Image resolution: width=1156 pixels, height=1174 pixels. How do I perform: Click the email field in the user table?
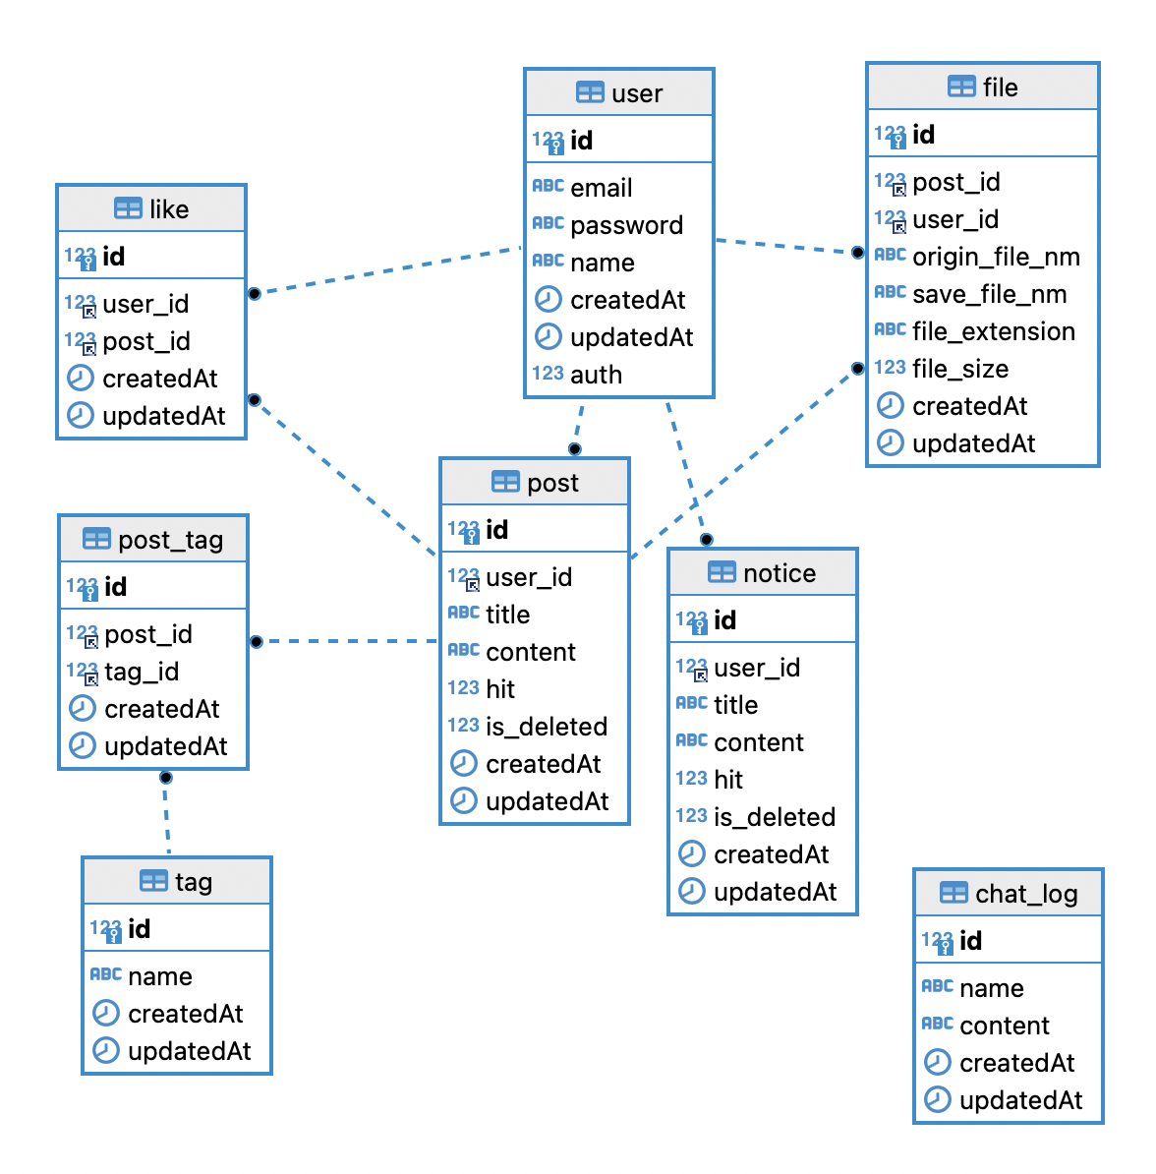click(601, 188)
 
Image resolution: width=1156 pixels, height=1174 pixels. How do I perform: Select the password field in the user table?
click(626, 225)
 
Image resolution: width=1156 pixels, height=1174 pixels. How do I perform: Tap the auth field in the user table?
click(596, 375)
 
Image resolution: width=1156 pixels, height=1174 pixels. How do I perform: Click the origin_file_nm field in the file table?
click(995, 257)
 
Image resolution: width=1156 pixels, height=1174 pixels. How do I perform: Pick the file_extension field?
click(993, 331)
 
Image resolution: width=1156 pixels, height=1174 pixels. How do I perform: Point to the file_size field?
click(959, 369)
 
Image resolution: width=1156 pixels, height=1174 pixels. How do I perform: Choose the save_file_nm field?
click(989, 294)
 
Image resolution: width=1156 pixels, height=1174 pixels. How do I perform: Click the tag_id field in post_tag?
click(142, 672)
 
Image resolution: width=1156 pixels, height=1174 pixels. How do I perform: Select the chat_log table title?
click(1026, 894)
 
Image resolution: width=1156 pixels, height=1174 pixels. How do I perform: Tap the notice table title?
click(779, 573)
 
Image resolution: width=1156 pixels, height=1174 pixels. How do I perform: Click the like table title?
click(169, 209)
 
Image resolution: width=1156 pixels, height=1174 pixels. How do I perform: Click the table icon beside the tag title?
click(153, 881)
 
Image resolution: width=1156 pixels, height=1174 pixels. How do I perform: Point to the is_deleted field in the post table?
click(546, 727)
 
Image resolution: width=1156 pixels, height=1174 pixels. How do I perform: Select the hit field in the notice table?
click(727, 780)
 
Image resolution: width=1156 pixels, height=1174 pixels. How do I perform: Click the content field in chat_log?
click(1004, 1026)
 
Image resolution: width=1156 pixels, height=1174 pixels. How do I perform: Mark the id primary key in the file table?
click(923, 135)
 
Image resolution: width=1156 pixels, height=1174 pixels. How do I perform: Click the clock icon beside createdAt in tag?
click(105, 1013)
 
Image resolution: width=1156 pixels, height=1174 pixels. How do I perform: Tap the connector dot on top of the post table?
click(575, 449)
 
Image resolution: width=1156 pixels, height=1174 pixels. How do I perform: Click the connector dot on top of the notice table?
click(706, 540)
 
